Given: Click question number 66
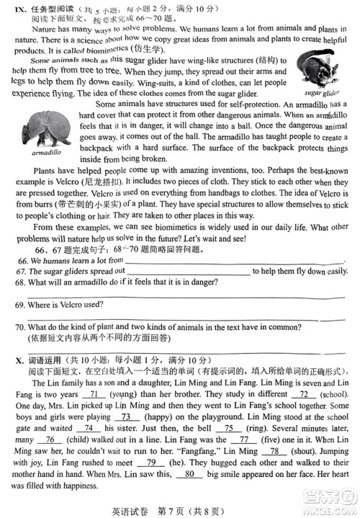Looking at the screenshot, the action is pos(21,259).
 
